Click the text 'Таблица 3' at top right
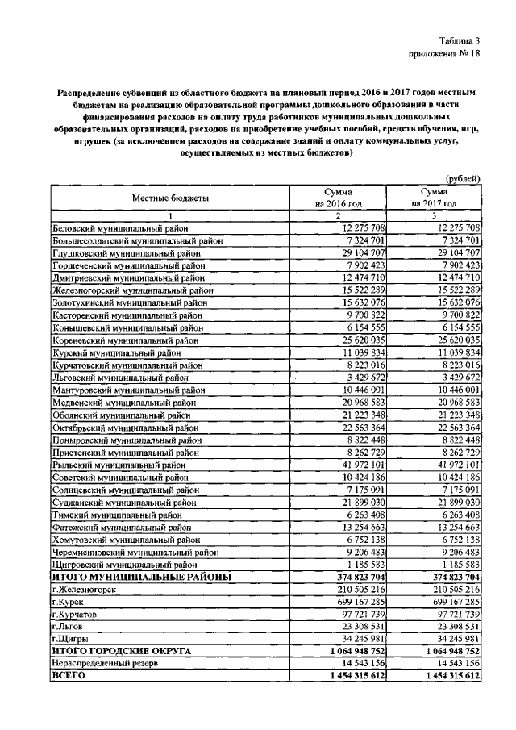tap(460, 40)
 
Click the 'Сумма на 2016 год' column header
tap(339, 198)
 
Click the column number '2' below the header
tap(339, 216)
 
